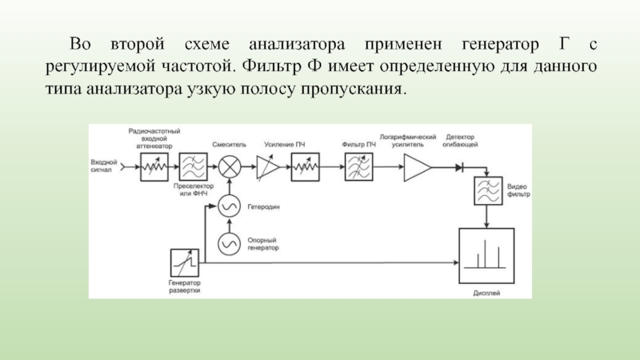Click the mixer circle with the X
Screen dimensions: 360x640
231,167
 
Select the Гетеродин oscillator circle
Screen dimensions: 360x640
231,206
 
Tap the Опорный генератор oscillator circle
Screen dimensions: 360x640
231,242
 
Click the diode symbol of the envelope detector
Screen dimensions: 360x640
459,167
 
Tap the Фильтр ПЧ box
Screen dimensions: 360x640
358,167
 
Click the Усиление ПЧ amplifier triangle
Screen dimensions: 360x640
268,167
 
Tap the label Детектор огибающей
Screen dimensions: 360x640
462,140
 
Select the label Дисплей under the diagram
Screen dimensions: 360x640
486,293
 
